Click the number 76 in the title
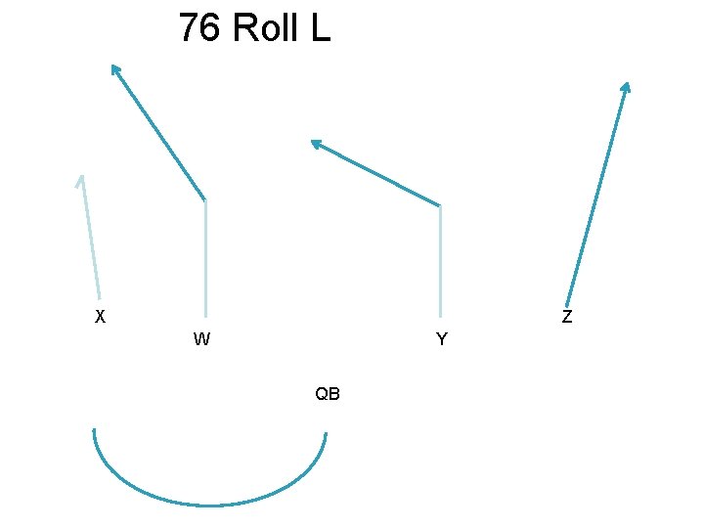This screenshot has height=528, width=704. [198, 28]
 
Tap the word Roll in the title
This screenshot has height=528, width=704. [267, 28]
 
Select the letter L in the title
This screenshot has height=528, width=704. [321, 28]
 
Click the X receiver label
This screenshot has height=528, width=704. [100, 317]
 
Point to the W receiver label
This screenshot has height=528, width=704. [201, 340]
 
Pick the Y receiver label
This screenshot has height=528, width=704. [442, 340]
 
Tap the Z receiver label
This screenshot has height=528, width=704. [567, 317]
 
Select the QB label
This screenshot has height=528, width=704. [328, 394]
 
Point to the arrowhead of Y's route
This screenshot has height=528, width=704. [315, 143]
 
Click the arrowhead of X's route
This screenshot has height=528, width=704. [82, 179]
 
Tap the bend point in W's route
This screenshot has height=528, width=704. [205, 200]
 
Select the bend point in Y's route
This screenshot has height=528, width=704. [441, 205]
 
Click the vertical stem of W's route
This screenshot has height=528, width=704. [205, 259]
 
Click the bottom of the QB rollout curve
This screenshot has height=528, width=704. [210, 505]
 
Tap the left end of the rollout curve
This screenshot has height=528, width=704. [94, 431]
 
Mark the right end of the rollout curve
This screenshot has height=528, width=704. [325, 433]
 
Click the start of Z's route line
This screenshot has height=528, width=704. [565, 304]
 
